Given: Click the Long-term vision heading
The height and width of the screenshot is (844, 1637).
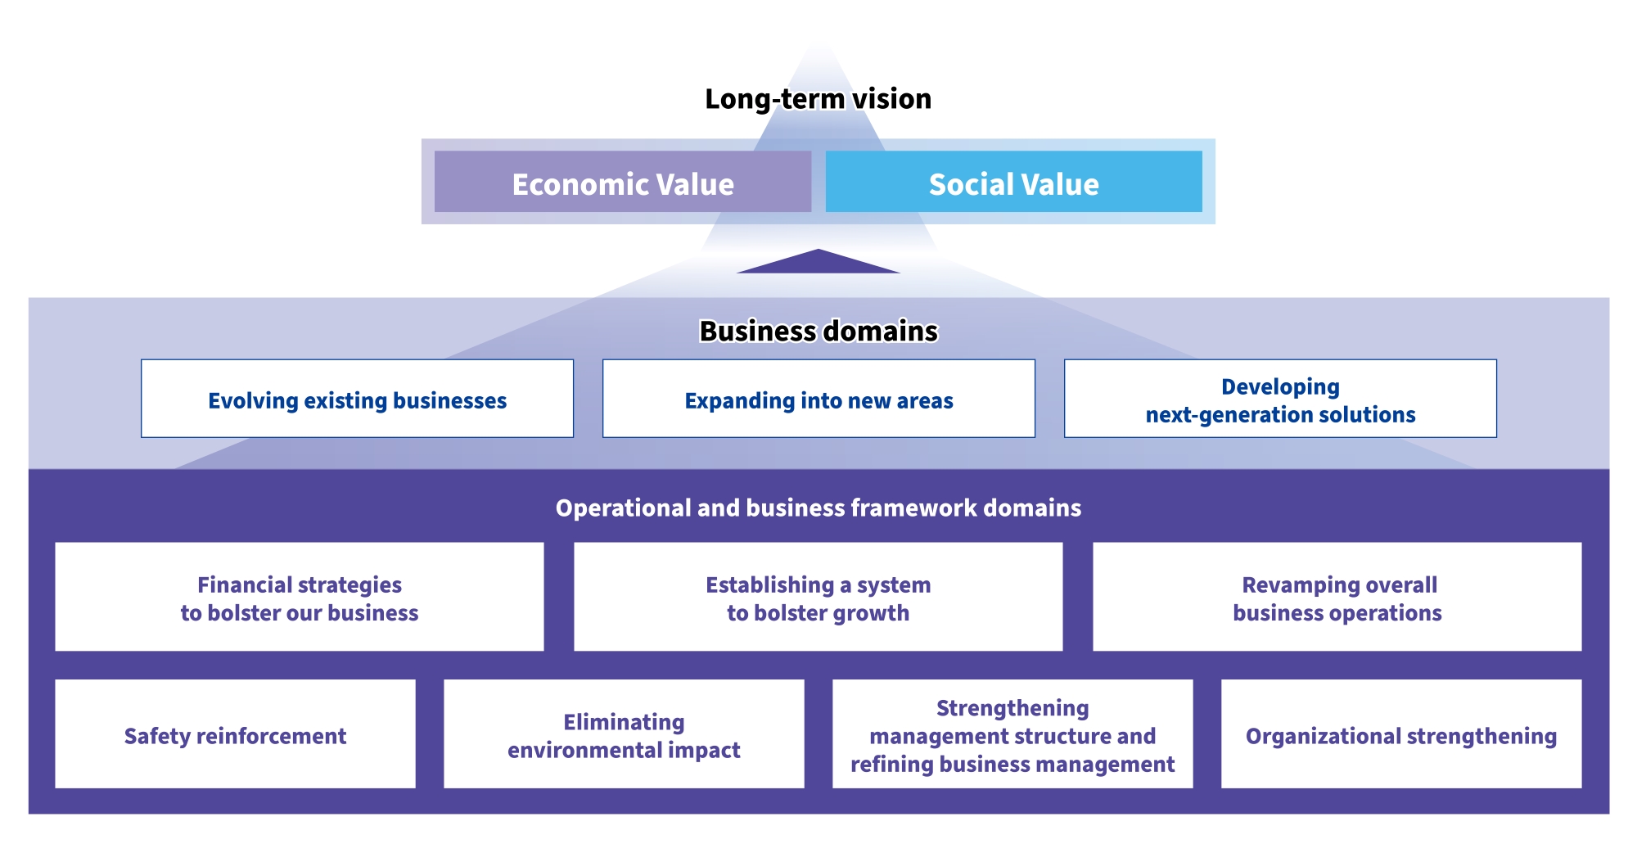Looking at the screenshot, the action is coord(818,99).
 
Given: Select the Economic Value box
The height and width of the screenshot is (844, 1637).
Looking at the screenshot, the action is coord(623,182).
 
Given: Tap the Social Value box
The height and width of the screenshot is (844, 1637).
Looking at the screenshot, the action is coord(1013,182).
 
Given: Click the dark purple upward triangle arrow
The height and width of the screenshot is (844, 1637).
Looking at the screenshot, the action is coord(818,263).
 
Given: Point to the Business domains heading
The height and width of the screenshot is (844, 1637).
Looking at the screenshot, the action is coord(818,331).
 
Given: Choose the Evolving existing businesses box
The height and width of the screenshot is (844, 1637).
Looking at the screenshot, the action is coord(357,399).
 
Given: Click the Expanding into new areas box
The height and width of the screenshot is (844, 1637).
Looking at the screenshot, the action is coord(818,399).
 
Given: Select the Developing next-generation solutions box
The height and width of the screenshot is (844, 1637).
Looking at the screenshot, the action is coord(1280,399).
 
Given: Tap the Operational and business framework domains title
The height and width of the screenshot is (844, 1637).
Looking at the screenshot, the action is coord(818,508).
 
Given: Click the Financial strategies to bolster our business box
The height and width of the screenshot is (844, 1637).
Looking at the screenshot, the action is coord(300,598).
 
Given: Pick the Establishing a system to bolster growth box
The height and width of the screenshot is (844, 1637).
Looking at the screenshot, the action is coord(818,598).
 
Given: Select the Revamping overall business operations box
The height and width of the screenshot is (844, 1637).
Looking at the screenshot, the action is coord(1337,598).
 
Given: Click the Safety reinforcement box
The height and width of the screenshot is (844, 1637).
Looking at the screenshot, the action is coord(235,734).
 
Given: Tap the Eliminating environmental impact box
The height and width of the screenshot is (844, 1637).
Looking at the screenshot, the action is coord(624,734).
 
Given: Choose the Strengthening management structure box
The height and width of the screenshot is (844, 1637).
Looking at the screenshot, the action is coord(1012,734).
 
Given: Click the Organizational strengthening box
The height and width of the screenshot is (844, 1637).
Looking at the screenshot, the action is coord(1400,734).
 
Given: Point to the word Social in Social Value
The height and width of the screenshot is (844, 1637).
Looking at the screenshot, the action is coord(972,184).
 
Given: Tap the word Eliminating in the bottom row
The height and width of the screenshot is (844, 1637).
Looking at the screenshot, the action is coord(624,722).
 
